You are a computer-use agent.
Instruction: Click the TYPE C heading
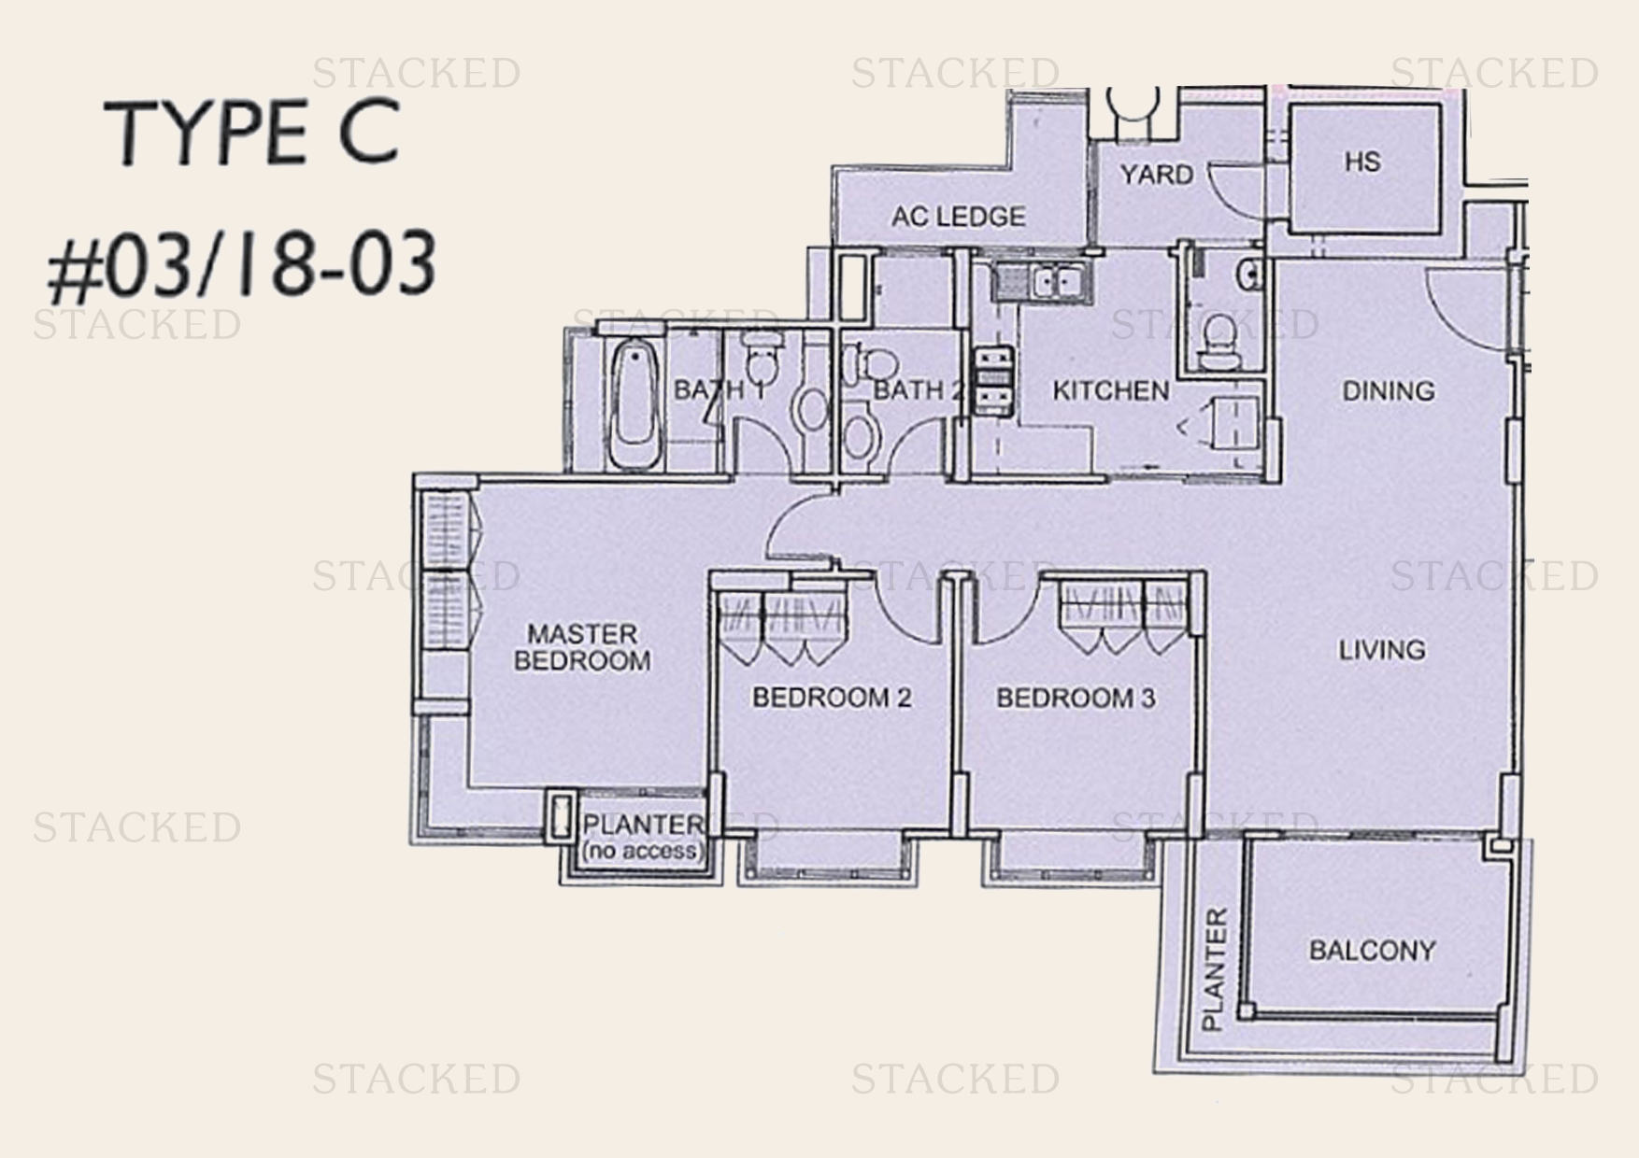(x=252, y=133)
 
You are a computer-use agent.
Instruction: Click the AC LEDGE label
(x=957, y=217)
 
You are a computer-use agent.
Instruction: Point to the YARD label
(x=1156, y=175)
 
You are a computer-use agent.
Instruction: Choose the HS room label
(x=1361, y=162)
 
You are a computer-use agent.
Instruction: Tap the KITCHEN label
(x=1110, y=390)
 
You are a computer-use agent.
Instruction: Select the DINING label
(x=1388, y=390)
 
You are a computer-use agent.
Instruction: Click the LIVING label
(x=1382, y=649)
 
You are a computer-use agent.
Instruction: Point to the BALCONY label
(x=1372, y=951)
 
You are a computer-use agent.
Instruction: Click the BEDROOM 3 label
(x=1075, y=698)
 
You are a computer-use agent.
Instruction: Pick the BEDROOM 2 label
(x=831, y=698)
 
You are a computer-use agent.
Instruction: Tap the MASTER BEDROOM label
(x=581, y=647)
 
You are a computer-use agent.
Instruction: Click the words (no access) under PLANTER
(x=640, y=851)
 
